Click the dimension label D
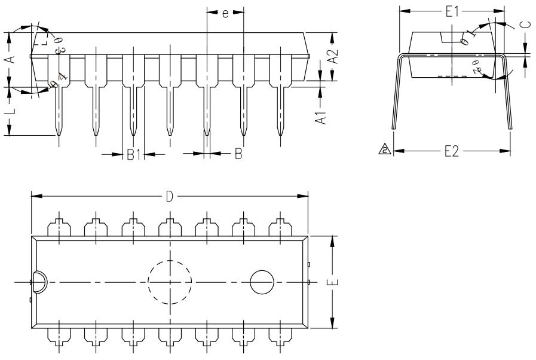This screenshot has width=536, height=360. click(170, 197)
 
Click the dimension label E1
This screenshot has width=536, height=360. click(452, 11)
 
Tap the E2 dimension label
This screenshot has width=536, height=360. click(452, 152)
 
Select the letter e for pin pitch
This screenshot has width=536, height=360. click(225, 13)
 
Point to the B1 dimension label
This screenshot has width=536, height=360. click(134, 155)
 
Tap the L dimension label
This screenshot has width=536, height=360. click(10, 112)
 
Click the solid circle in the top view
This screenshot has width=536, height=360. click(262, 282)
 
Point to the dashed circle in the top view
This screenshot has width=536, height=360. click(170, 282)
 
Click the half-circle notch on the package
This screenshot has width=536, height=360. click(38, 282)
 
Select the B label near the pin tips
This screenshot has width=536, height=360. click(238, 155)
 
